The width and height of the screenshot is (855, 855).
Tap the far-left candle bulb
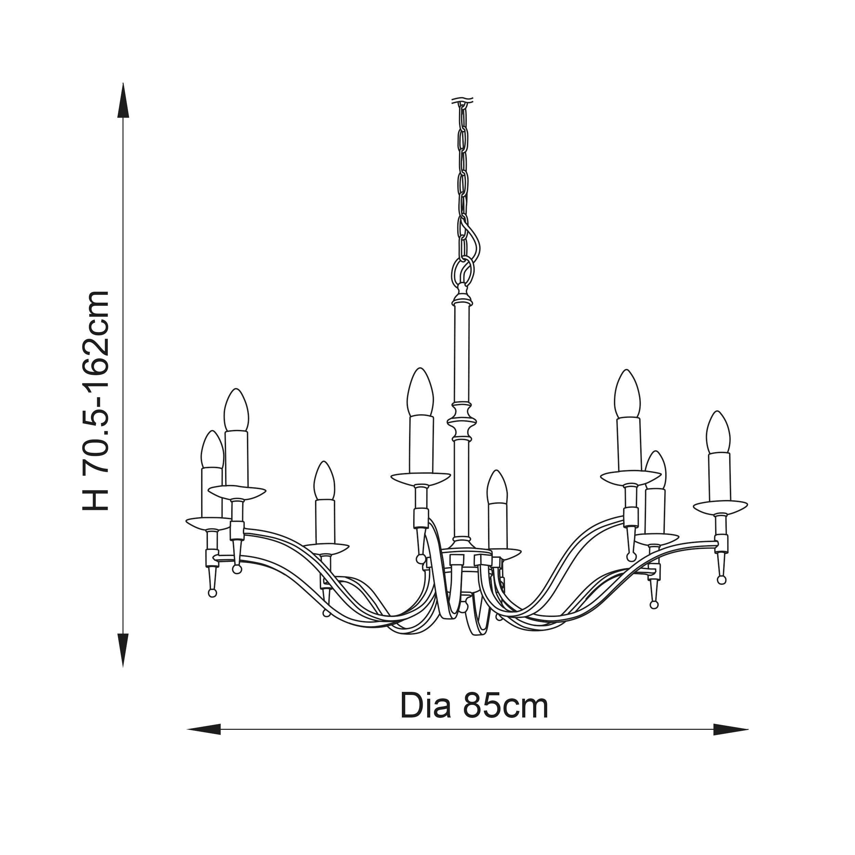click(212, 449)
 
